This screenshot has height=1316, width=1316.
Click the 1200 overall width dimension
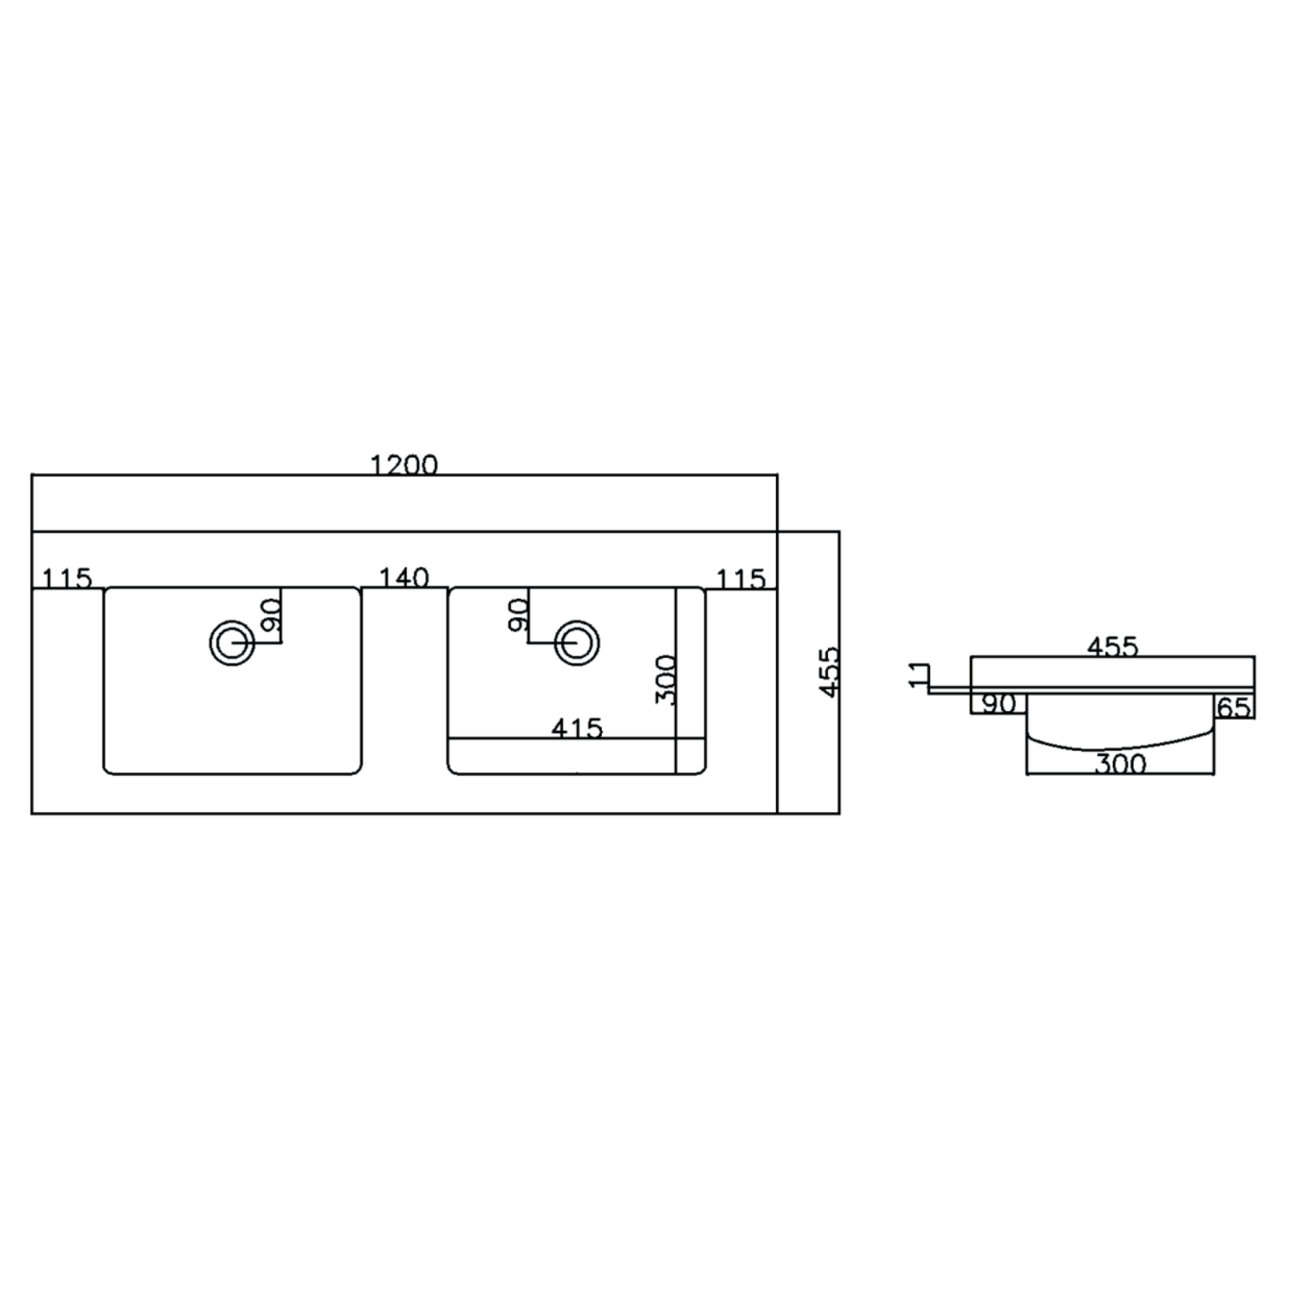[404, 465]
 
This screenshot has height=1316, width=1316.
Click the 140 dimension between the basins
[404, 577]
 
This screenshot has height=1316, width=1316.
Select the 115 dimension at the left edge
[67, 578]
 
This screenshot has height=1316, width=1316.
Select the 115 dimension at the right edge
[741, 579]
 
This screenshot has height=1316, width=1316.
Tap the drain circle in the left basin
[232, 642]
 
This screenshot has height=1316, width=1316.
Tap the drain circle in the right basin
[576, 642]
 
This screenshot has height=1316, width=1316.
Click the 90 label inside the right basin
[519, 614]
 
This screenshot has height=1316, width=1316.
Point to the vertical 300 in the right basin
[666, 680]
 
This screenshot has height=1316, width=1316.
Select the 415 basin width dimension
[576, 728]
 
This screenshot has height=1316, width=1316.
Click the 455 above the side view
[1112, 647]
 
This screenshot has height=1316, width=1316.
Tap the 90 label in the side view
[998, 705]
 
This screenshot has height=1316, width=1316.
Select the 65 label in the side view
[1233, 707]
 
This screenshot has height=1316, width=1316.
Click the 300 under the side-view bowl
[1120, 764]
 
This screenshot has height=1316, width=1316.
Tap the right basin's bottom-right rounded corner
[701, 770]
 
